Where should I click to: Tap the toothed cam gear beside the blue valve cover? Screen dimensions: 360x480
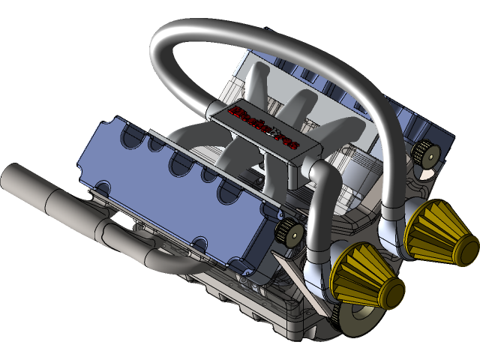click(x=289, y=232)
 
